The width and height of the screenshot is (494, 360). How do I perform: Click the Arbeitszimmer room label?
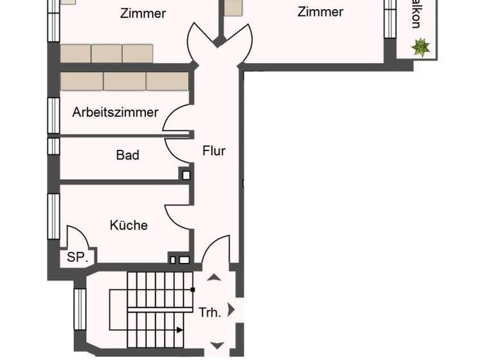click(115, 113)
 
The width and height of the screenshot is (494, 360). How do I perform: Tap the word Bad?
click(127, 155)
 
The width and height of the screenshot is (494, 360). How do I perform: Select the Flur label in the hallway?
click(214, 151)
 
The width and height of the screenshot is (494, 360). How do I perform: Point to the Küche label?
click(129, 225)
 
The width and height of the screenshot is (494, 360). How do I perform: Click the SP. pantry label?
click(78, 258)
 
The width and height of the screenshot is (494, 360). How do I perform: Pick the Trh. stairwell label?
click(210, 313)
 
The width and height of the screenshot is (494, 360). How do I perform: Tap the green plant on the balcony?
click(421, 47)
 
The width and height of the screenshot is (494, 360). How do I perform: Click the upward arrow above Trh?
click(213, 278)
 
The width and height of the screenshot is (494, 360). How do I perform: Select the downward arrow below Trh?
click(217, 345)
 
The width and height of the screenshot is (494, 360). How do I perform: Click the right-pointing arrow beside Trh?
click(232, 311)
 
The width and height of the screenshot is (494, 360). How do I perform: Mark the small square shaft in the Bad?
click(186, 174)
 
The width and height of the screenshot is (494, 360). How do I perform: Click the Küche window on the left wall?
click(53, 216)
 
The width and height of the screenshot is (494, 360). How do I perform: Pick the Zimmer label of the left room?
click(143, 13)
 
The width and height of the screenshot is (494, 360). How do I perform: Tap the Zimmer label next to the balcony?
click(320, 12)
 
